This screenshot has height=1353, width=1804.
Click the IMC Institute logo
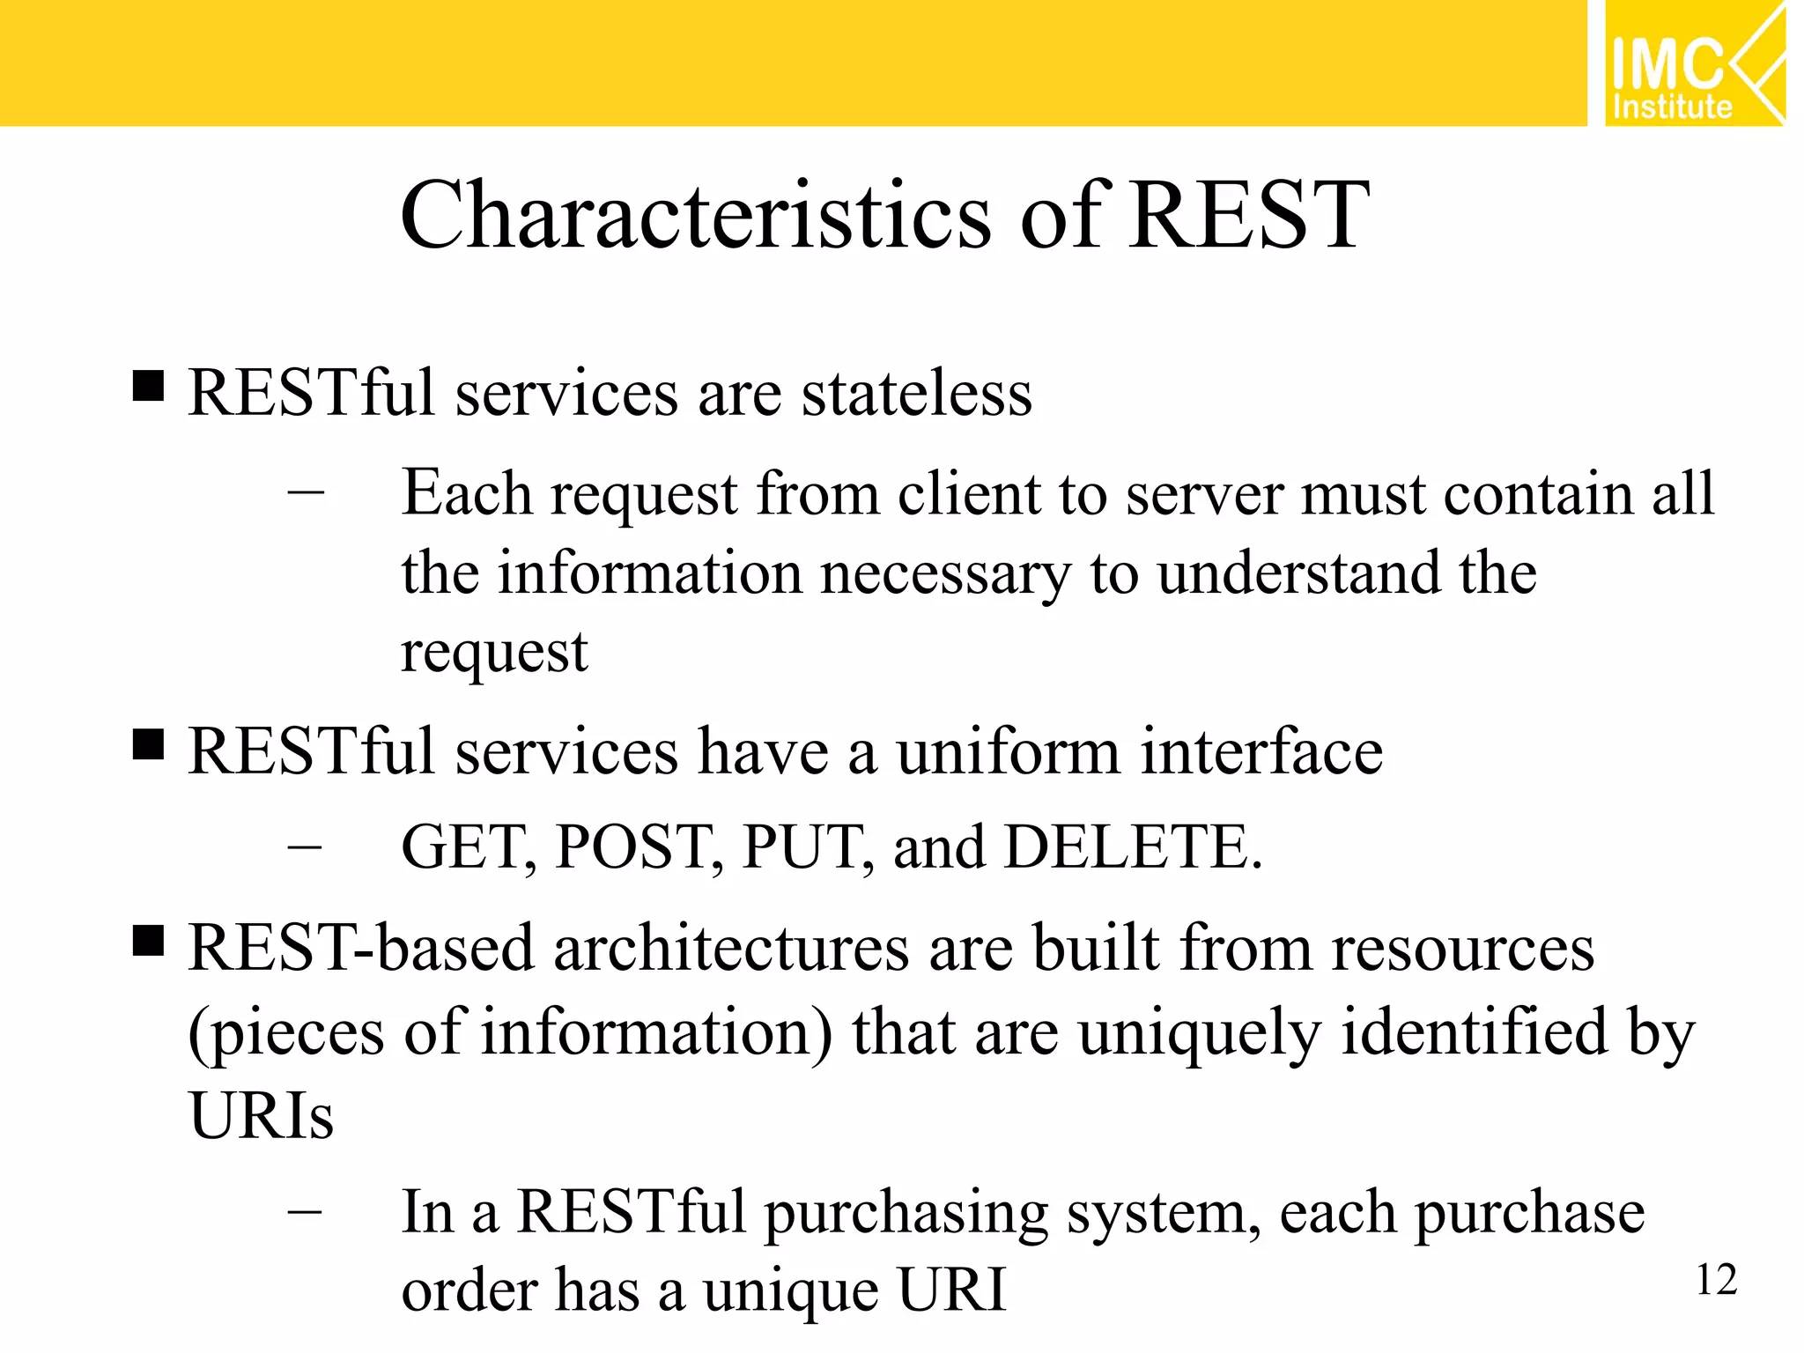pos(1693,63)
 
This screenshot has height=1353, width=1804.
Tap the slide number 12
pos(1716,1280)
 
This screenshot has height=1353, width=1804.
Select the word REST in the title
pos(1249,216)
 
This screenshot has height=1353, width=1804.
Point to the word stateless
pos(916,394)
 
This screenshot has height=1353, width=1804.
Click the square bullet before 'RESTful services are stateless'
pos(148,386)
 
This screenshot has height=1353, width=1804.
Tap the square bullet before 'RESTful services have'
pos(148,744)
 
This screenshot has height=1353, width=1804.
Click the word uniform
pos(1008,752)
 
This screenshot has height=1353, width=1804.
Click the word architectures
pos(731,949)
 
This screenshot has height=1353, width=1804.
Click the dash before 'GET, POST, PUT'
pos(305,847)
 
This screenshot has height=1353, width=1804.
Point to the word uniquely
pos(1199,1034)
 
